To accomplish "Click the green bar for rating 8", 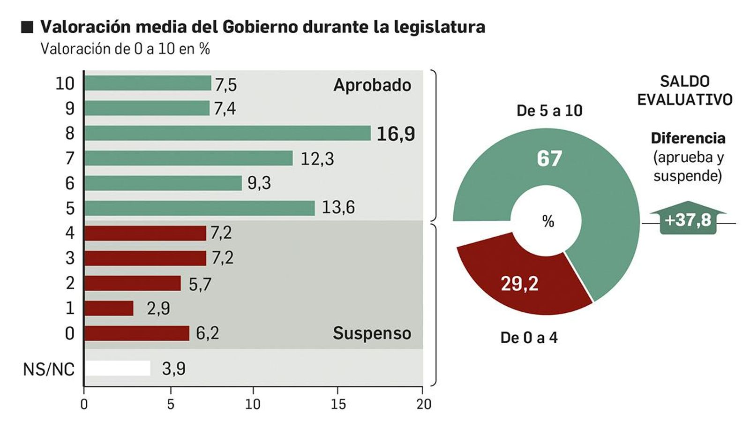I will [x=227, y=133].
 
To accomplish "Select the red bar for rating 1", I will [x=109, y=308].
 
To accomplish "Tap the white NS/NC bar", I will [x=117, y=368].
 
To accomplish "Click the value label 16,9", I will [x=396, y=134].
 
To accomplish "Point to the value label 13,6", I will [x=338, y=207].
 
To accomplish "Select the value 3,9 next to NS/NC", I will [x=174, y=369].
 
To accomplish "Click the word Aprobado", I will [x=372, y=85].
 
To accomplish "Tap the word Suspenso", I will [x=372, y=333].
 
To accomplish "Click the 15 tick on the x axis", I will [x=338, y=404].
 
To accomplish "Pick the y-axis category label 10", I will [x=65, y=84].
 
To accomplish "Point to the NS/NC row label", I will [x=49, y=369].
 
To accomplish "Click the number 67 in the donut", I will [x=549, y=158].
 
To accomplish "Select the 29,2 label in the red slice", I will [x=519, y=284].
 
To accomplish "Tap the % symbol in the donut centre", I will [x=548, y=221].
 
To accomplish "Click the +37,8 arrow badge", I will [x=688, y=219].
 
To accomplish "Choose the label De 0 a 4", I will [x=529, y=338].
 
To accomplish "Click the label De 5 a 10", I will [x=549, y=111].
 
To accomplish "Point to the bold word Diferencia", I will [x=688, y=138].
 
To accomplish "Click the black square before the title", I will [x=27, y=27].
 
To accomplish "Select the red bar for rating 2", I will [x=132, y=283].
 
